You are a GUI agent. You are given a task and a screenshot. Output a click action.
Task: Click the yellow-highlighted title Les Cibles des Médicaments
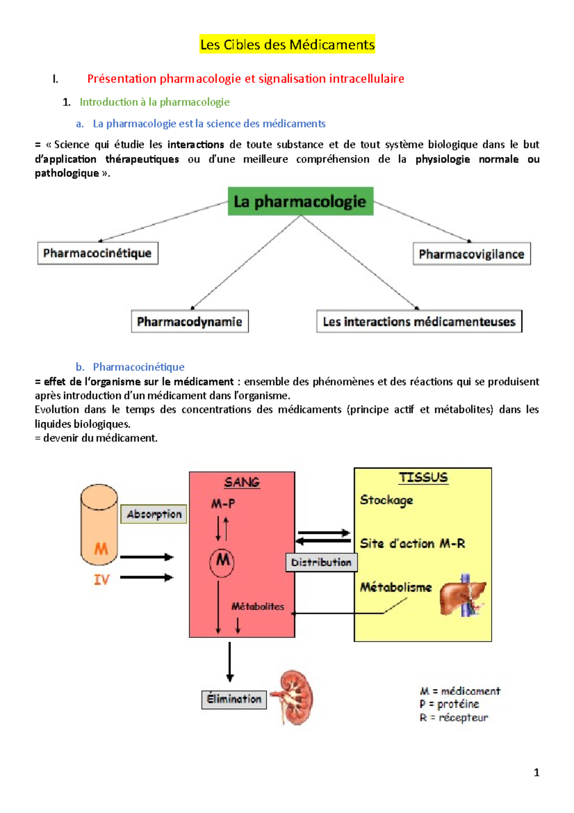tap(287, 45)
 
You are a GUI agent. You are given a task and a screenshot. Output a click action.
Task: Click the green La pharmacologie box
tap(300, 201)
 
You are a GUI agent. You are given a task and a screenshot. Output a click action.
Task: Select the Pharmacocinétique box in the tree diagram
tap(98, 253)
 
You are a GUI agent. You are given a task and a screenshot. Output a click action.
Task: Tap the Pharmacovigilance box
tap(472, 254)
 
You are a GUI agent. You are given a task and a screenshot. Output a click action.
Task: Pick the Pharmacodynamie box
tap(189, 321)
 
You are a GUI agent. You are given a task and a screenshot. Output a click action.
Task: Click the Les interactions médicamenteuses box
tap(419, 321)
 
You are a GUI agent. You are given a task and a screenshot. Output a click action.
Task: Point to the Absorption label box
tap(154, 514)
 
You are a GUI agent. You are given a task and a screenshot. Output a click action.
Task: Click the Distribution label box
tap(321, 562)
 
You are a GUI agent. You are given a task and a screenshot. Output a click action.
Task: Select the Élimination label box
tap(234, 699)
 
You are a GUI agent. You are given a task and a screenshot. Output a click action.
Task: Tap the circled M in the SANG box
tap(222, 561)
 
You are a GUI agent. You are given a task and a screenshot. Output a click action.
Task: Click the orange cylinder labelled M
tap(99, 524)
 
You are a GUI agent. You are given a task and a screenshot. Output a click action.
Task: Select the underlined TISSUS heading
tap(423, 477)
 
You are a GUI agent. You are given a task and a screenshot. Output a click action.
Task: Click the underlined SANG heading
tap(242, 482)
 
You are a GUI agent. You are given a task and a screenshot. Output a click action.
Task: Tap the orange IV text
tap(101, 580)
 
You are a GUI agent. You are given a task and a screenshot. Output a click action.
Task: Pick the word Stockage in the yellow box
tap(386, 500)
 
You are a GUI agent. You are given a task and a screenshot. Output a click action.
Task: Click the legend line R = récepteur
tap(453, 717)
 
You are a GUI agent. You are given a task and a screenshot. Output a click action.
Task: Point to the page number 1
tap(536, 772)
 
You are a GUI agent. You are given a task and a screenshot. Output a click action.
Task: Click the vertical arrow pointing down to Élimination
tap(230, 662)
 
